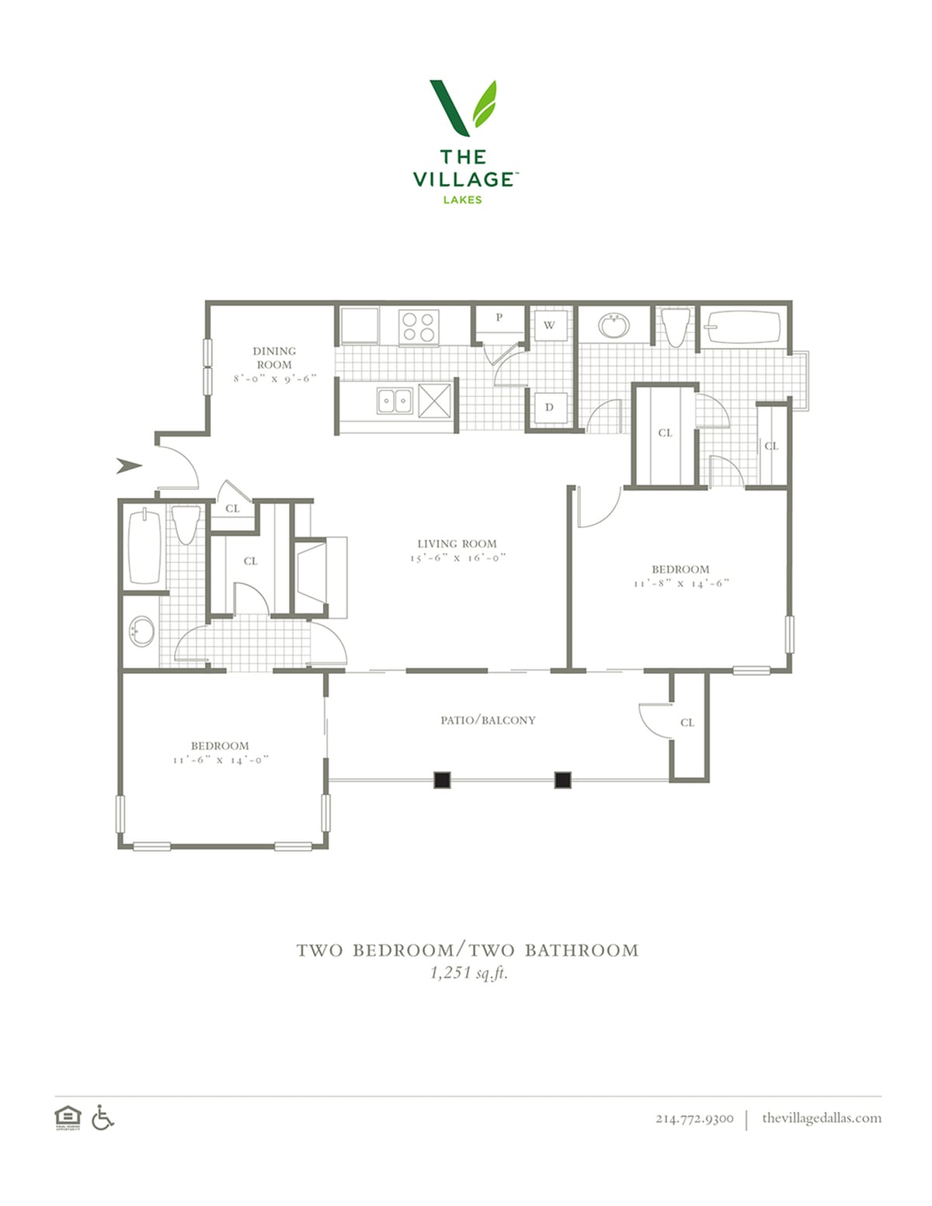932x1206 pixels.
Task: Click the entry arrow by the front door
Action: click(x=130, y=466)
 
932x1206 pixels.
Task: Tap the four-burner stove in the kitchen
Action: click(x=419, y=327)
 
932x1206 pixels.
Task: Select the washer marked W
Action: click(x=549, y=325)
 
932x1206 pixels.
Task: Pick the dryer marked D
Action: click(x=549, y=408)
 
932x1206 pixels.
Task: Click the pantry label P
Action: click(x=499, y=318)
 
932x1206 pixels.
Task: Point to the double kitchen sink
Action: click(x=395, y=401)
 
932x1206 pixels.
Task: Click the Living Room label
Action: click(x=457, y=544)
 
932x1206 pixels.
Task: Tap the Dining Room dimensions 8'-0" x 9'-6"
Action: click(x=275, y=378)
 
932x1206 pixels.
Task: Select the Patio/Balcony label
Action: click(x=488, y=721)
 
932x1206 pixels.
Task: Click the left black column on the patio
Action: click(x=442, y=780)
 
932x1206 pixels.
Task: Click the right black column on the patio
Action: click(x=563, y=780)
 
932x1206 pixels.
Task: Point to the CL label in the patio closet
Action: click(x=687, y=723)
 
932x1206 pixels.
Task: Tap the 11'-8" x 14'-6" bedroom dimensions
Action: click(x=680, y=583)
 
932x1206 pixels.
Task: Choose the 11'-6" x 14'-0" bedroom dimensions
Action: click(x=221, y=759)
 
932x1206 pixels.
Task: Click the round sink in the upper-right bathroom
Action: click(x=614, y=325)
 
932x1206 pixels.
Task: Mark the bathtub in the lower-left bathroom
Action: click(x=144, y=546)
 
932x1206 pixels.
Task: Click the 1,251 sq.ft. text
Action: click(x=469, y=973)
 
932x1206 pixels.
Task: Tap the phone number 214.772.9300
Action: click(x=694, y=1118)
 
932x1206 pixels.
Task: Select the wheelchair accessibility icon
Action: click(x=103, y=1117)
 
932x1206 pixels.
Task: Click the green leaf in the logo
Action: click(x=484, y=104)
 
